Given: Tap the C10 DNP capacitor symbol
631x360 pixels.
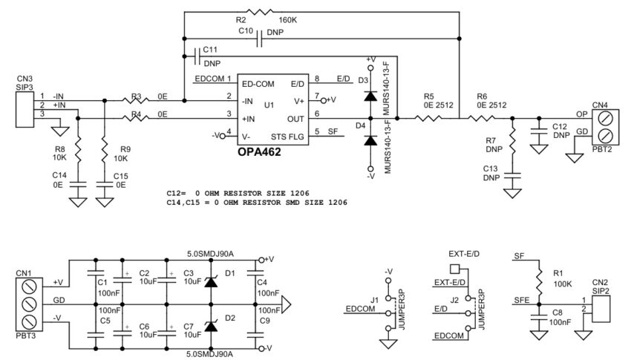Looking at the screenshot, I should (x=259, y=42).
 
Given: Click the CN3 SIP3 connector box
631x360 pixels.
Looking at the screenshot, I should (x=25, y=105).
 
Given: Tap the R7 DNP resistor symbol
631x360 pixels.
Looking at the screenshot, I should (x=511, y=140).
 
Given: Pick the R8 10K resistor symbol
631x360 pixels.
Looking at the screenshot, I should (x=79, y=154).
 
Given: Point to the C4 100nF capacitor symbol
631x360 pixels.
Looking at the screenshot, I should (x=258, y=284).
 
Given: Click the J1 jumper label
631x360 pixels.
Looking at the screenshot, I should (x=374, y=300).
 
